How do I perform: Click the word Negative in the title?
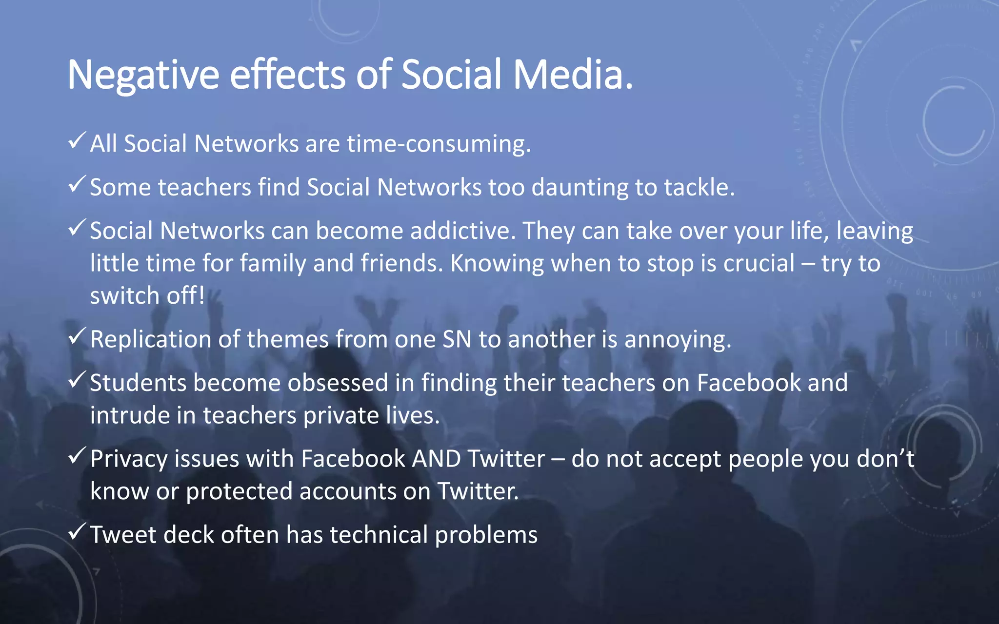point(143,75)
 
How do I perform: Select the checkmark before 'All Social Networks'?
point(78,141)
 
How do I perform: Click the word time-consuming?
point(439,144)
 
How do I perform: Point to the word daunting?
point(579,188)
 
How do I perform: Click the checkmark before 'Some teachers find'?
point(78,184)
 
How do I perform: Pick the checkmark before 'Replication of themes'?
point(78,336)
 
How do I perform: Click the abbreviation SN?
point(457,339)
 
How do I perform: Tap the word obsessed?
point(338,383)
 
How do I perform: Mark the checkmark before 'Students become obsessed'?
point(78,380)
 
